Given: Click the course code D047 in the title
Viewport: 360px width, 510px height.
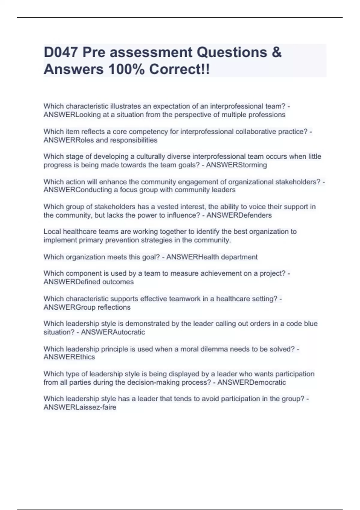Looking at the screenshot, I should click(x=61, y=52).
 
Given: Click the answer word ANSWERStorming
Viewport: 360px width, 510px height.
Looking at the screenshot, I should click(x=236, y=165).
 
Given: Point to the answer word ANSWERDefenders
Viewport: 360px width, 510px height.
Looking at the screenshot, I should click(x=239, y=215).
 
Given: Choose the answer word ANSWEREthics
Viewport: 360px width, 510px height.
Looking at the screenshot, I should click(x=69, y=357).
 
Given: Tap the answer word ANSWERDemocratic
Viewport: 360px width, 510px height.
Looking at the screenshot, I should click(x=251, y=382).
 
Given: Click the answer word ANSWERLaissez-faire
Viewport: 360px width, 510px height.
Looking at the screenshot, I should click(x=80, y=407).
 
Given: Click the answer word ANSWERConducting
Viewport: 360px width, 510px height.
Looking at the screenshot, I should click(x=78, y=190).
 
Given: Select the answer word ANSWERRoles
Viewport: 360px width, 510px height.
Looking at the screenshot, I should click(x=69, y=140).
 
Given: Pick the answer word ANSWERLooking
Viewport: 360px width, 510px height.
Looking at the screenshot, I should click(x=72, y=115).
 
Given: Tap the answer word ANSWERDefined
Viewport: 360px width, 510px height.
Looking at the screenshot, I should click(x=72, y=282).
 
